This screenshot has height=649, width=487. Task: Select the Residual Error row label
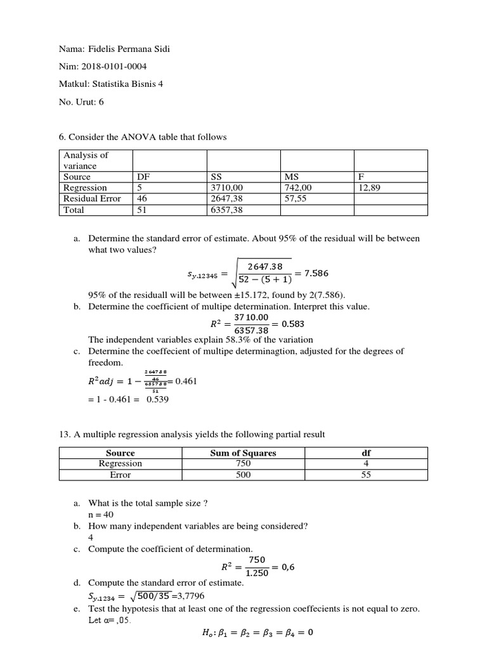pyautogui.click(x=92, y=199)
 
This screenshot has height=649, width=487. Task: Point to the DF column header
pyautogui.click(x=143, y=177)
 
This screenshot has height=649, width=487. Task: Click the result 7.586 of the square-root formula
pyautogui.click(x=316, y=273)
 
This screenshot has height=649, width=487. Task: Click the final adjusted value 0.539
pyautogui.click(x=157, y=399)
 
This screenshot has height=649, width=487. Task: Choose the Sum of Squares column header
pyautogui.click(x=243, y=453)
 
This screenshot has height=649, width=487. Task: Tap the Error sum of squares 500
pyautogui.click(x=243, y=475)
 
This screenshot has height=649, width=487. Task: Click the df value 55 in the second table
pyautogui.click(x=366, y=475)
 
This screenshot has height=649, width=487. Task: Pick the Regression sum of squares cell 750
pyautogui.click(x=243, y=464)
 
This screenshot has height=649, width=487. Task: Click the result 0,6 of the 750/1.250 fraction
pyautogui.click(x=288, y=567)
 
